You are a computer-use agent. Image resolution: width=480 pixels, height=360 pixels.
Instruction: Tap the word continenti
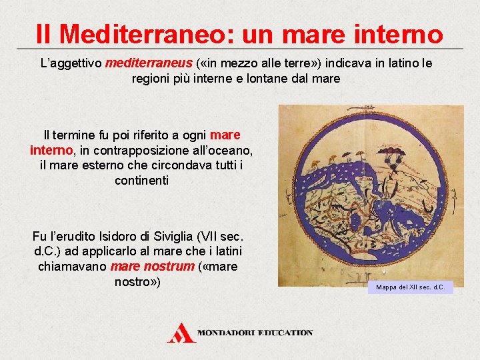(141, 181)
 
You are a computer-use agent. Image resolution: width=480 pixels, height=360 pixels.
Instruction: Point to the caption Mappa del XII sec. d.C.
(409, 287)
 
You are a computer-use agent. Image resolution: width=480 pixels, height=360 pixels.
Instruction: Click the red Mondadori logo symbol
(181, 331)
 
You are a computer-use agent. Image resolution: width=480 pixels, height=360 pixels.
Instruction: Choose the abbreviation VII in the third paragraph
(214, 236)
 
